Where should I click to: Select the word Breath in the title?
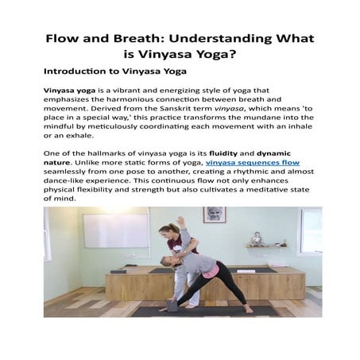coord(137,38)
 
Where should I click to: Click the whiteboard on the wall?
coord(116,230)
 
